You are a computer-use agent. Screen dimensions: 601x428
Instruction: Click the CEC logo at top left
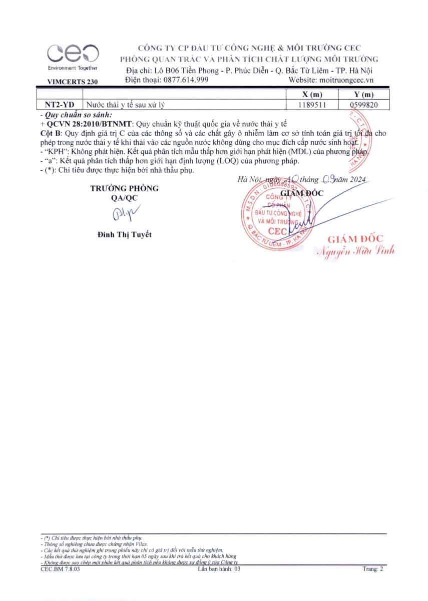pos(73,55)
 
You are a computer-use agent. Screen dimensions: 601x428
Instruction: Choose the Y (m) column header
pos(363,95)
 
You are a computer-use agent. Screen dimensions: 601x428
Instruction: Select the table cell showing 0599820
pos(363,105)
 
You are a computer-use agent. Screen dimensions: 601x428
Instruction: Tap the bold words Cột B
pos(49,133)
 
